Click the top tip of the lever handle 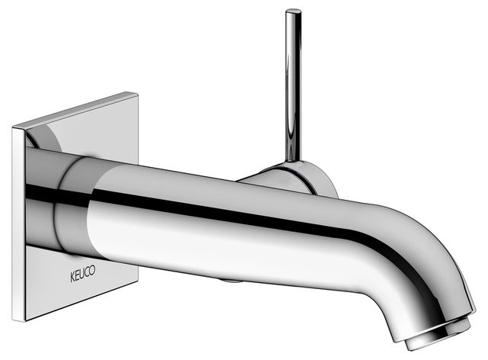tap(293, 11)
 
